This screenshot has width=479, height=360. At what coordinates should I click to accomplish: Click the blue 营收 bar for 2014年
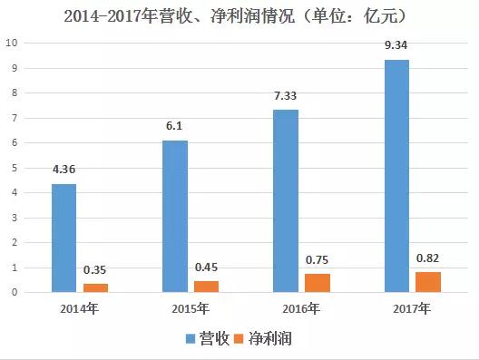[x=64, y=238]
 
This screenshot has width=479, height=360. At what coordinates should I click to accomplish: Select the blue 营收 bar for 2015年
[x=175, y=216]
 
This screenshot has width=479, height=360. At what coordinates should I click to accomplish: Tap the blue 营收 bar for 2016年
[x=287, y=200]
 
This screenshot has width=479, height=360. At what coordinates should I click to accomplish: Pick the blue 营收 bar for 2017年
[x=397, y=176]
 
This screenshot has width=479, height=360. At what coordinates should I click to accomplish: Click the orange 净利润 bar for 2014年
[x=95, y=287]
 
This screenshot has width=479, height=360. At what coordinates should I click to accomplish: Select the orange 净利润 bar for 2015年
[x=207, y=287]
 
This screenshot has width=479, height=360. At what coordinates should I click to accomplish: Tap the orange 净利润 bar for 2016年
[x=318, y=283]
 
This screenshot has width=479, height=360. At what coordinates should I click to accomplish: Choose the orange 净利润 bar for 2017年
[x=429, y=282]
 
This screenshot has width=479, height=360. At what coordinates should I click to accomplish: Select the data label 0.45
[x=207, y=269]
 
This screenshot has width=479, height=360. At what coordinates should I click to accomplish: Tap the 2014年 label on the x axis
[x=79, y=308]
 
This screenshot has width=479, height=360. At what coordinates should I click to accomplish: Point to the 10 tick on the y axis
[x=11, y=43]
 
